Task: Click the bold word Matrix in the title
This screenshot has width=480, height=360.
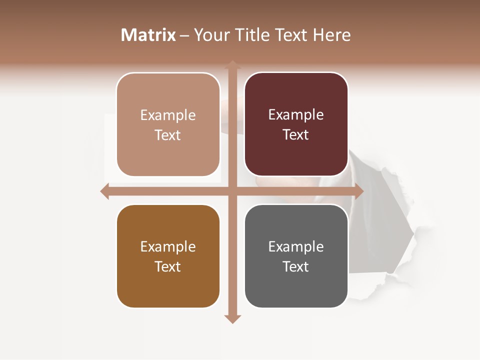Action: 148,35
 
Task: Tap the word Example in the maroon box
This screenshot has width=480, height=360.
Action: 296,115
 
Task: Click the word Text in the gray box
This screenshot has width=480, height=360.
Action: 296,267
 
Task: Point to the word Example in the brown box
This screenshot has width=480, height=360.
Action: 168,247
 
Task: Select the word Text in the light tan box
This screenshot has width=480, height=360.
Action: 168,135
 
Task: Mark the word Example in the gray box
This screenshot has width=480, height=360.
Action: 296,247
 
